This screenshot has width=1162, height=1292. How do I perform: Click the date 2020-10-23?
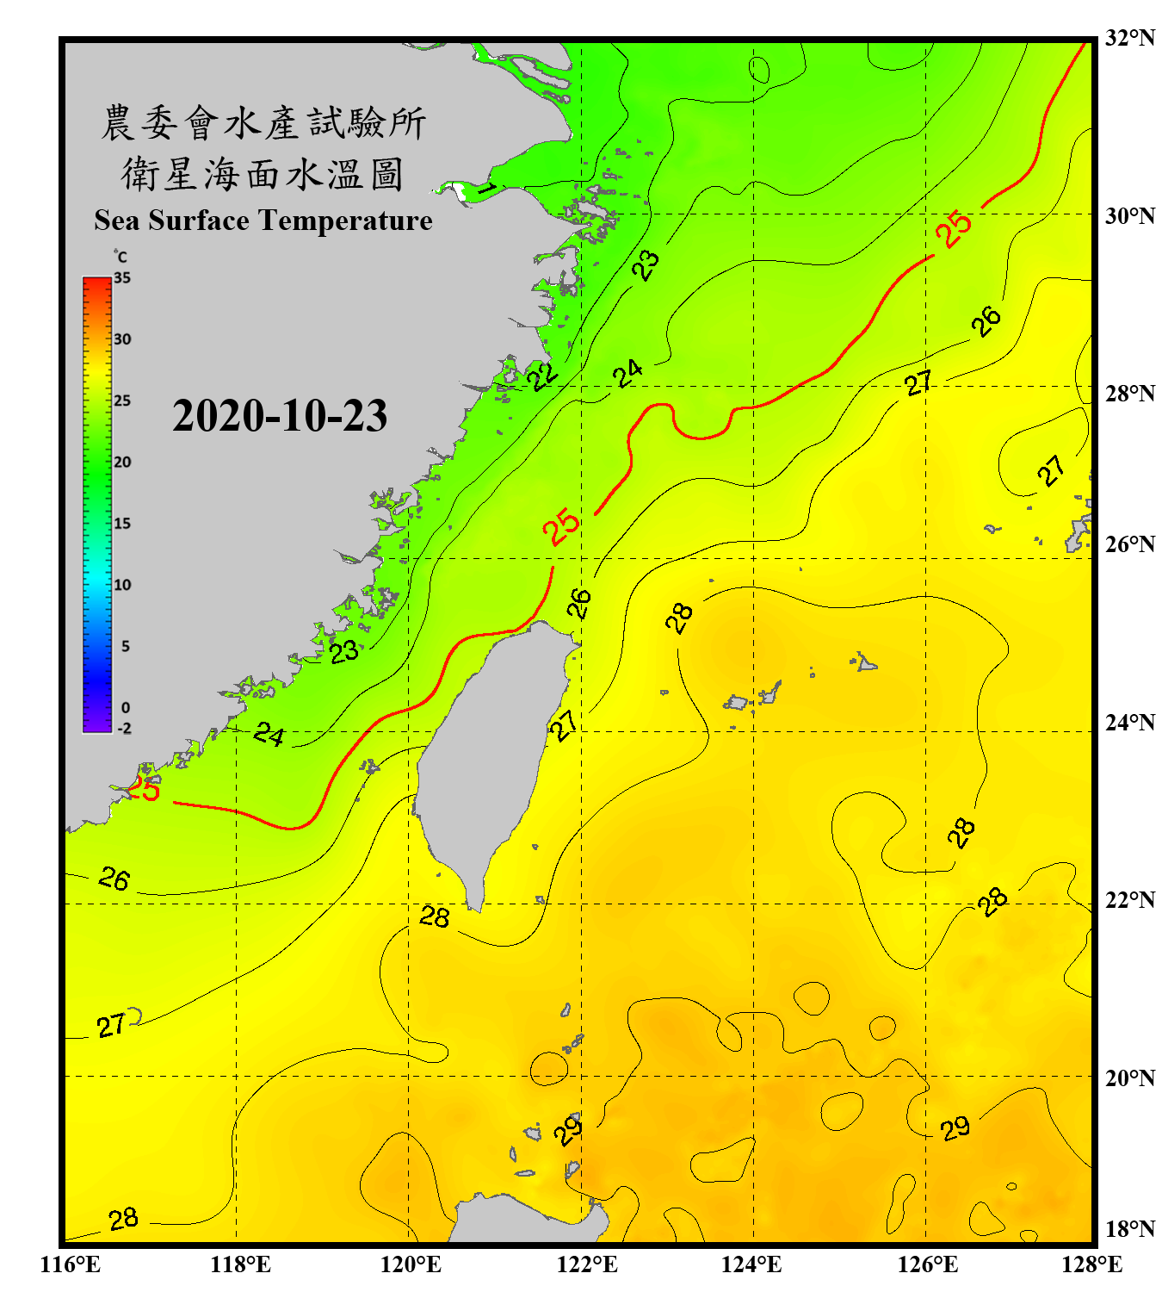tap(280, 416)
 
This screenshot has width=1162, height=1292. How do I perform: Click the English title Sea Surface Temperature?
tap(263, 221)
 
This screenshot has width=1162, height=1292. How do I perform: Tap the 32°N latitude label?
tap(1130, 38)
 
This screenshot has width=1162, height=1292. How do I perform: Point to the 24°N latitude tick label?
tap(1130, 722)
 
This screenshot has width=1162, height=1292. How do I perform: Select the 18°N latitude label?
tap(1130, 1229)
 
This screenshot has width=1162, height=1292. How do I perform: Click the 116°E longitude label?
tap(71, 1264)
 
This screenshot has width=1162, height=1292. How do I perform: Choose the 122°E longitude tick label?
tap(587, 1264)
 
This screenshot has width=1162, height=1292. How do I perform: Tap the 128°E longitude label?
tap(1091, 1264)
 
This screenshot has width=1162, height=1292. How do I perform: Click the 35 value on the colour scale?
tap(122, 278)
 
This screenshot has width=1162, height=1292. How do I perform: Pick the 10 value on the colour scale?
tap(122, 585)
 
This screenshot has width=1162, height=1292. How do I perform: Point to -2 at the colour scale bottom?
tap(124, 729)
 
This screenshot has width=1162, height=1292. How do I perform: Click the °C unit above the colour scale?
tap(121, 257)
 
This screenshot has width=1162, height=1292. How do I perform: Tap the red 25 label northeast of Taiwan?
tap(561, 526)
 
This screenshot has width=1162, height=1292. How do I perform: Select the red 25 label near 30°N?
tap(954, 228)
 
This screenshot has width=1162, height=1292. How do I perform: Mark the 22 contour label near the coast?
tap(542, 376)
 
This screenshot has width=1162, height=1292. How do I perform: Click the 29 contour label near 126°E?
tap(955, 1128)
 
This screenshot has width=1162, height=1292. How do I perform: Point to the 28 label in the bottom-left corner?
tap(123, 1219)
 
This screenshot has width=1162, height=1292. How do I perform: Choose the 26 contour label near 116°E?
tap(114, 879)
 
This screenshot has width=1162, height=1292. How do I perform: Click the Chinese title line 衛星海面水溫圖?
tap(263, 174)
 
